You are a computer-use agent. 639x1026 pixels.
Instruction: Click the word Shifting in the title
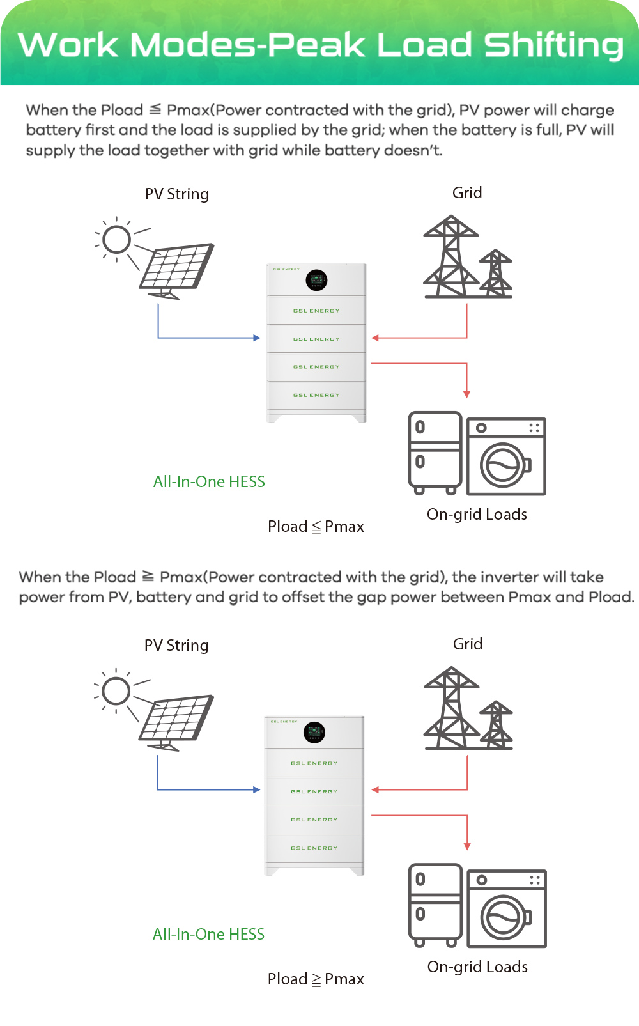(x=553, y=46)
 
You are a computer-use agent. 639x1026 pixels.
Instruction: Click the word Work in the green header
(x=68, y=45)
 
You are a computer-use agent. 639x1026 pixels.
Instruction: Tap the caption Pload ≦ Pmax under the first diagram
(x=316, y=527)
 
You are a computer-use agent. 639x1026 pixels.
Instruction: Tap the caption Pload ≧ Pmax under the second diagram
(x=316, y=979)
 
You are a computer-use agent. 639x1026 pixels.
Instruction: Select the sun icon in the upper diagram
(x=117, y=240)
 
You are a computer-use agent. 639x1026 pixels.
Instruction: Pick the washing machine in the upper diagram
(x=506, y=456)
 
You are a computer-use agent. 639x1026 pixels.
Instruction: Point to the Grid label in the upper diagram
(x=467, y=193)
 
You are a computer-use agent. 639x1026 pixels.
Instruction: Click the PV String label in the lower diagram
(x=176, y=646)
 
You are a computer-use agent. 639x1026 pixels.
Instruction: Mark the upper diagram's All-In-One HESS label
(x=209, y=482)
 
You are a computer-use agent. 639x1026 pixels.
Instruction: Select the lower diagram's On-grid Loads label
(x=477, y=967)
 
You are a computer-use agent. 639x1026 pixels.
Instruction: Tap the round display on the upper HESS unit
(x=316, y=279)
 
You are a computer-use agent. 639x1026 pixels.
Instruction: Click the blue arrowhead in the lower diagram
(x=256, y=790)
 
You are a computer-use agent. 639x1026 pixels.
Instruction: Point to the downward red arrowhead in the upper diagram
(x=467, y=394)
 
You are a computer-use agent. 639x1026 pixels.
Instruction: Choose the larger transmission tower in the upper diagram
(x=452, y=257)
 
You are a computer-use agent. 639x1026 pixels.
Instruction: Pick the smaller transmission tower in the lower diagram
(x=497, y=725)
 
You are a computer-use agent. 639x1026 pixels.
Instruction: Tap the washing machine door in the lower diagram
(x=504, y=917)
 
